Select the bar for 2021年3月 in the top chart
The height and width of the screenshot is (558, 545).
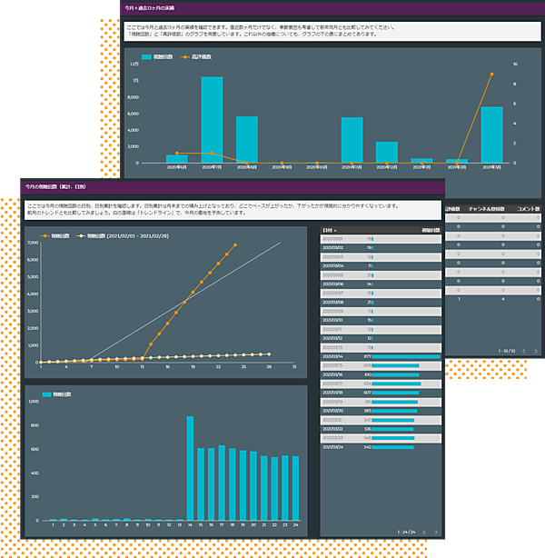(491, 135)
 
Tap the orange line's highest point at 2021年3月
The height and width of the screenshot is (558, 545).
(491, 75)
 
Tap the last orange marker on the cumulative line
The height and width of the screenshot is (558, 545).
(235, 244)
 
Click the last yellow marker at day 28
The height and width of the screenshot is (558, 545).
(269, 354)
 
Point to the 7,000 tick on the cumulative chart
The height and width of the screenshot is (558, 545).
(33, 244)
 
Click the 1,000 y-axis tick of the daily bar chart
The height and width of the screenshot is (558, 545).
(34, 400)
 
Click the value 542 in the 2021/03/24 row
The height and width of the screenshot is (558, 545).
(368, 447)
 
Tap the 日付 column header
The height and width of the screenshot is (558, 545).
(332, 231)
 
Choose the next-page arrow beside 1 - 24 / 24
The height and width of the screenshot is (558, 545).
(435, 532)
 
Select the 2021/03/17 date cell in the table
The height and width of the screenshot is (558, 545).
(333, 384)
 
